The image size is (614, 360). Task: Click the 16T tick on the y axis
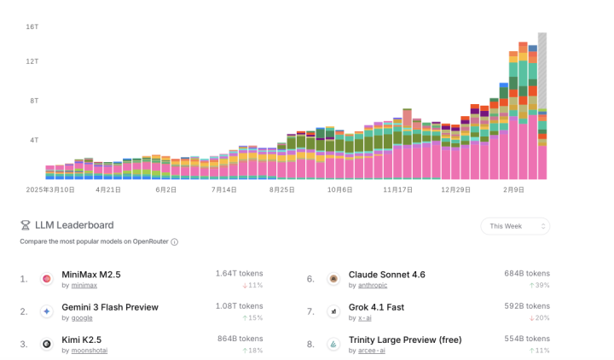(32, 26)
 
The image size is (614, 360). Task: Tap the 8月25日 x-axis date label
(281, 189)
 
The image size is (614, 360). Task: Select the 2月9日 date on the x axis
(513, 189)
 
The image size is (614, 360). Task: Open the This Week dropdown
(515, 226)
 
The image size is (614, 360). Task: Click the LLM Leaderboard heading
(73, 225)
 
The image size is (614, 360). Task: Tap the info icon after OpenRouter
(175, 242)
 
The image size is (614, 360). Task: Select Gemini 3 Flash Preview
(110, 307)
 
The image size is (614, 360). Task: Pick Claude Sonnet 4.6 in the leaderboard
(386, 275)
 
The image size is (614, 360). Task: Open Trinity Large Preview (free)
(404, 340)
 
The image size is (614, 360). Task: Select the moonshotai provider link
(89, 351)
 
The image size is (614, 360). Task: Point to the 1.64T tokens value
(239, 274)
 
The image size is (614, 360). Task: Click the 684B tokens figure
(526, 274)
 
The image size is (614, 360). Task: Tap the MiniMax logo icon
(47, 279)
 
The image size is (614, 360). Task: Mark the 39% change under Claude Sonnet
(538, 285)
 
